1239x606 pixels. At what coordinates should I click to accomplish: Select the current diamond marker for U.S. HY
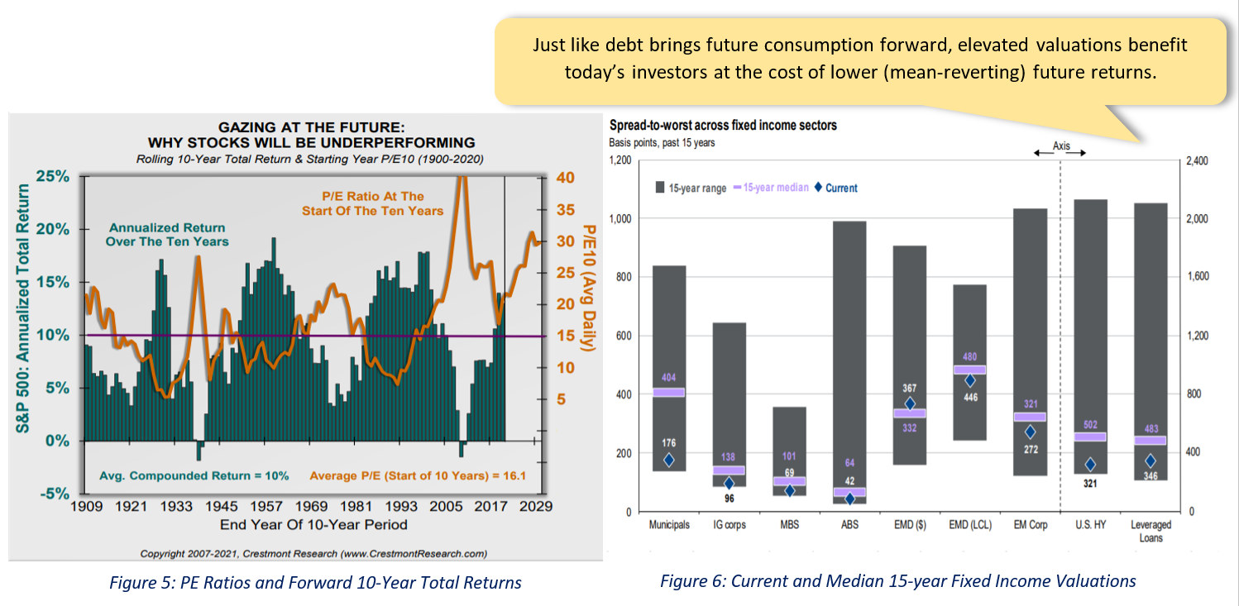[x=1091, y=465]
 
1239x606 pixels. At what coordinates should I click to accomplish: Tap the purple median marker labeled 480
[x=970, y=370]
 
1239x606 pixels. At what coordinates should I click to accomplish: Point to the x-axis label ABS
[x=849, y=525]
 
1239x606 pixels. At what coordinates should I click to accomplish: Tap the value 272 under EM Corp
[x=1030, y=450]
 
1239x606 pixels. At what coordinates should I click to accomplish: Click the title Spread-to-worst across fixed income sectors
[x=723, y=126]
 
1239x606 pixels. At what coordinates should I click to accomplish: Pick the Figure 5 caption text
[x=315, y=582]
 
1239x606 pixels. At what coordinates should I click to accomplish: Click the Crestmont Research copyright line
[x=313, y=553]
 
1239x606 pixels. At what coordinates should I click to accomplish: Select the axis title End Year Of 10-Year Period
[x=313, y=524]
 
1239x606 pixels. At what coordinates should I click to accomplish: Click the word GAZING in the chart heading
[x=246, y=127]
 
